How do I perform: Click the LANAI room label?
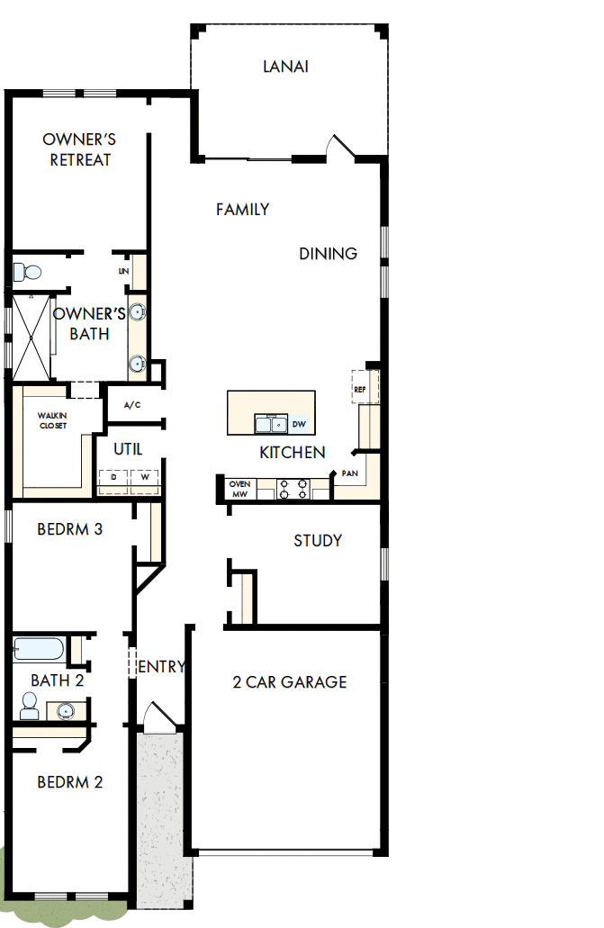click(x=286, y=67)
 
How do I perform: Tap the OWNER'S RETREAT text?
click(x=79, y=149)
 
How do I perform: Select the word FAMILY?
click(x=243, y=210)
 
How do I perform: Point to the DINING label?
click(x=329, y=254)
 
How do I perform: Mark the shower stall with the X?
click(x=31, y=337)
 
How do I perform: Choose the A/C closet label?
click(x=132, y=405)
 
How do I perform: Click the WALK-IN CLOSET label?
click(x=52, y=419)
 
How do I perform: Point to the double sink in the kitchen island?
click(x=270, y=424)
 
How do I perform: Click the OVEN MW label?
click(x=239, y=489)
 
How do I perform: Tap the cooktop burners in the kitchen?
click(x=293, y=489)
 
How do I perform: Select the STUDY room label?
click(x=318, y=541)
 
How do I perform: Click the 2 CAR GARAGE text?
click(x=290, y=682)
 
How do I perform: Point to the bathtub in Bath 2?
click(x=38, y=648)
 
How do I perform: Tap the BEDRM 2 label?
click(x=70, y=782)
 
